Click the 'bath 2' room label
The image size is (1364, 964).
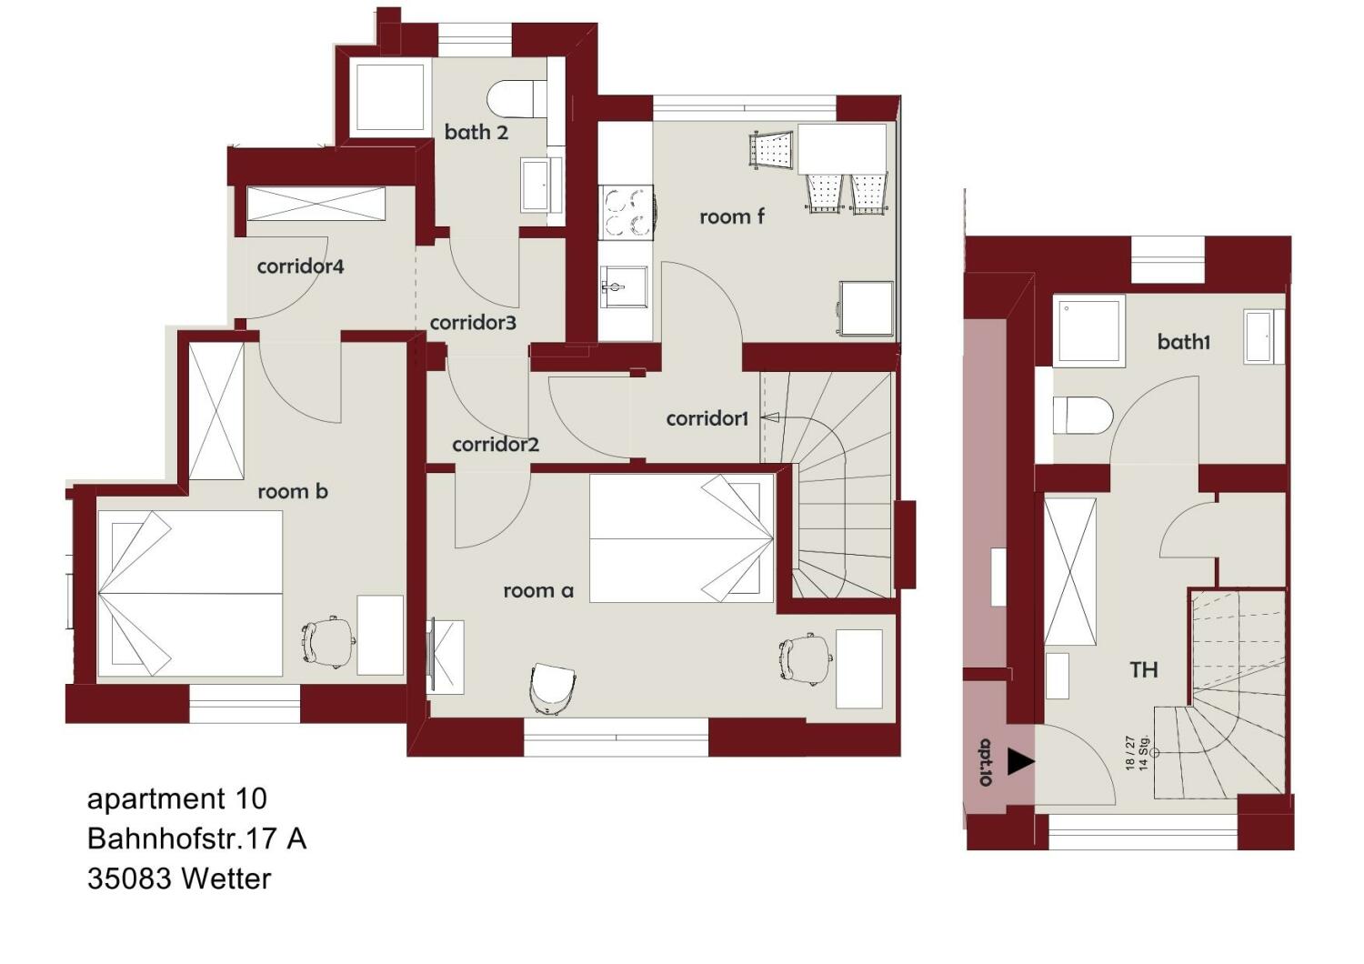click(476, 132)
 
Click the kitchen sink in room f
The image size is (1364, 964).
click(623, 286)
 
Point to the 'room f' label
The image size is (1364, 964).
click(731, 216)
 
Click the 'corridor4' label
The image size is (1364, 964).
click(300, 266)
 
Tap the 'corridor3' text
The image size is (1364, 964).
click(473, 323)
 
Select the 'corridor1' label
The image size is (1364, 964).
click(707, 418)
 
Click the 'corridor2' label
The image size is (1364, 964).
click(496, 445)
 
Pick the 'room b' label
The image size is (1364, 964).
click(293, 491)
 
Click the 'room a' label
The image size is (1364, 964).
click(538, 590)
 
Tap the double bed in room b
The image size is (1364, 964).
click(190, 593)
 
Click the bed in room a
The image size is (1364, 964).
click(681, 538)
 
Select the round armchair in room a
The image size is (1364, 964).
click(553, 688)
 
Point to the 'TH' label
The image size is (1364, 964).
click(1144, 670)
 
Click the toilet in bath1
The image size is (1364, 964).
click(1083, 416)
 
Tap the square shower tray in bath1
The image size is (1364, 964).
click(1088, 331)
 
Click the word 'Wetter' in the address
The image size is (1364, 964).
click(226, 879)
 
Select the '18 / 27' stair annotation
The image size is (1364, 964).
click(1130, 753)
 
